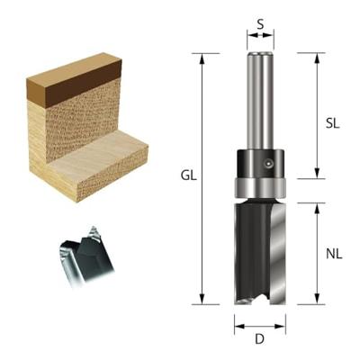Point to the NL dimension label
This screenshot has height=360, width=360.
click(x=332, y=254)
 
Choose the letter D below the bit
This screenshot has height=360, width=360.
click(x=260, y=340)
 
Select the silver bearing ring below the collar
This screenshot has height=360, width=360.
click(x=260, y=188)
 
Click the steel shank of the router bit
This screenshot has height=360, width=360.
click(x=260, y=99)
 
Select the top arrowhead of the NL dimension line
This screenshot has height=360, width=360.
click(x=316, y=208)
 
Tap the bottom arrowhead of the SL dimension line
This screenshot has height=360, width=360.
click(x=316, y=174)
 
